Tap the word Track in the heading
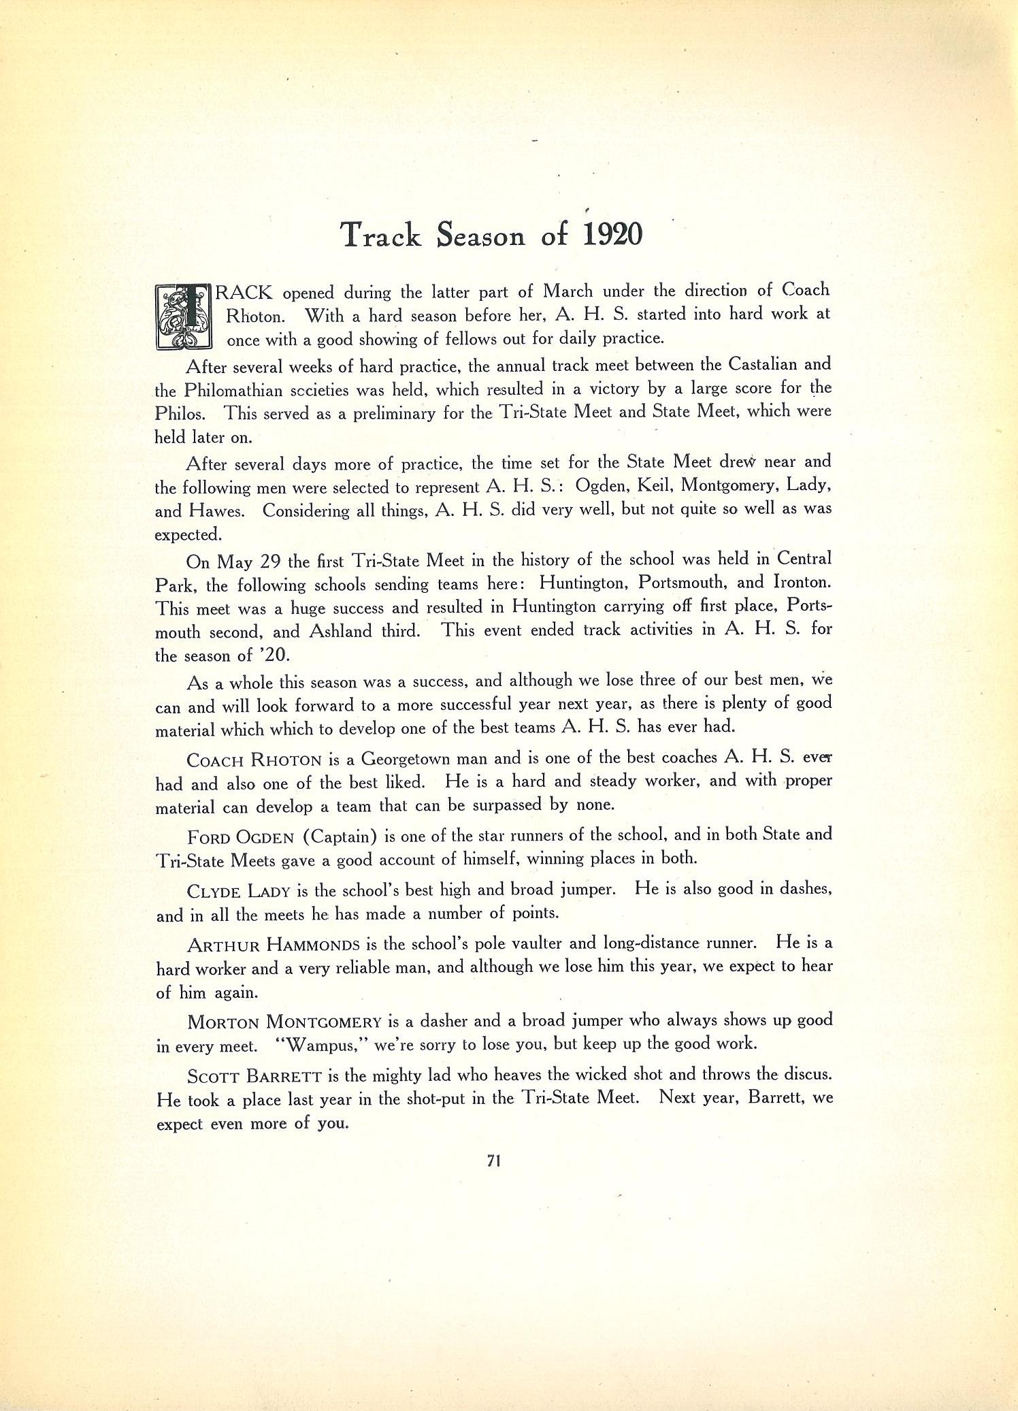380,235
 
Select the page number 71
495,1162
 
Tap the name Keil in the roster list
655,485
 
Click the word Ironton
802,583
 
